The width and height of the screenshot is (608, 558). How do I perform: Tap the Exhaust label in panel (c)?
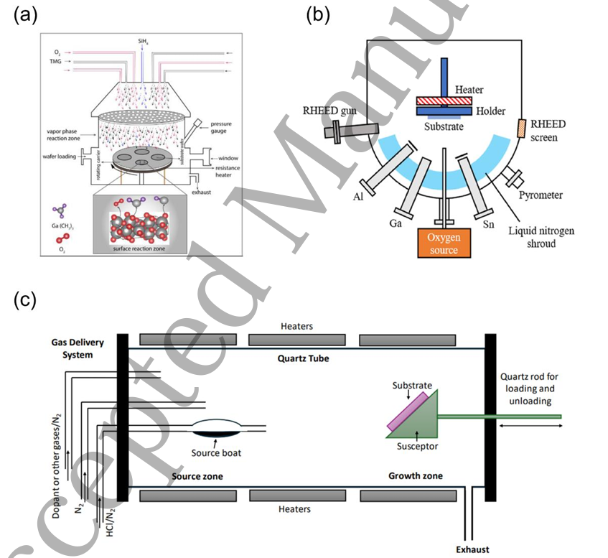pyautogui.click(x=472, y=549)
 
